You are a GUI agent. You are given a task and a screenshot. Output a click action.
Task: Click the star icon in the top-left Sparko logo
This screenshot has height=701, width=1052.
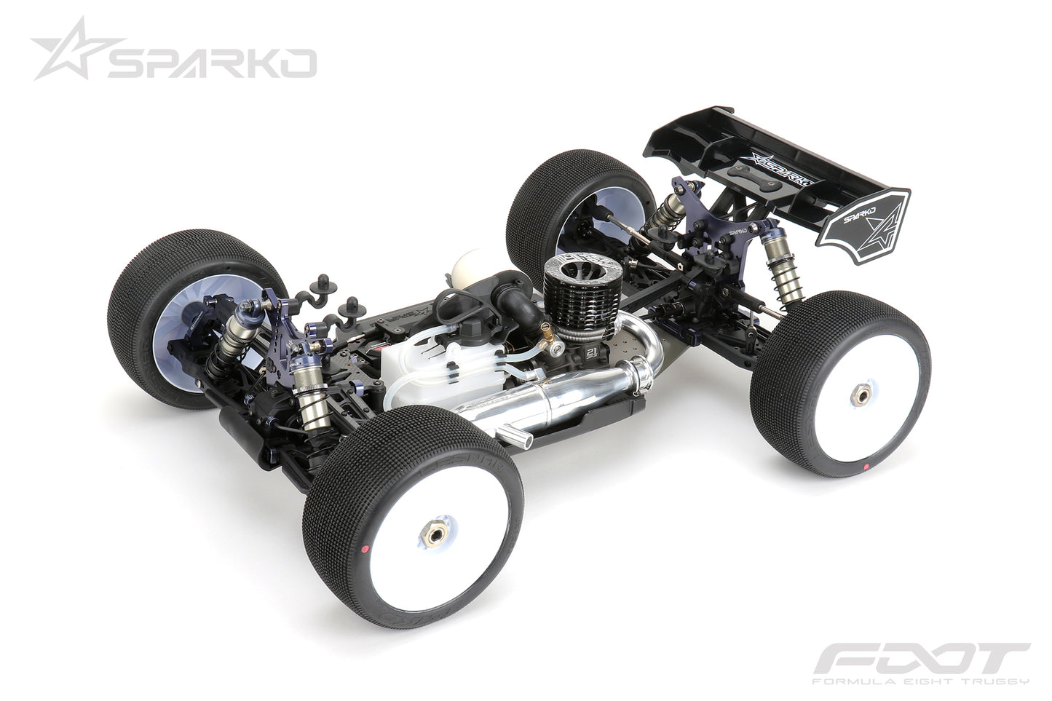(66, 49)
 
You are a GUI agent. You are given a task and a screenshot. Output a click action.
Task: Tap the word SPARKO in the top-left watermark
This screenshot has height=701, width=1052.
(211, 63)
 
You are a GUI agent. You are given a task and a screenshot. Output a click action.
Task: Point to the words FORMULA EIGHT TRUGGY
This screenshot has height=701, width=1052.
(920, 682)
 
